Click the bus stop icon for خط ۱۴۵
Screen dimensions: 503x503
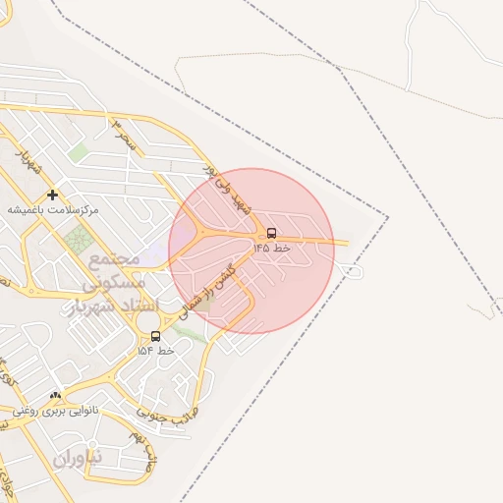[271, 234]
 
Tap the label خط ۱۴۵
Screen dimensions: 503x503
[272, 249]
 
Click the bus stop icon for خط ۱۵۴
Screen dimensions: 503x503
[155, 336]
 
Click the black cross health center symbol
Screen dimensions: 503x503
[52, 195]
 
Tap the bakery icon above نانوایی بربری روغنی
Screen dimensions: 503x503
[55, 396]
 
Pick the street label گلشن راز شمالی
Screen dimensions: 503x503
[209, 287]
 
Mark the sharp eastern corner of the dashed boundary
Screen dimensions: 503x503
[387, 217]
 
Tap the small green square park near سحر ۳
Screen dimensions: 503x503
[78, 153]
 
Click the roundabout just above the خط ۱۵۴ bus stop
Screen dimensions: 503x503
[147, 319]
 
